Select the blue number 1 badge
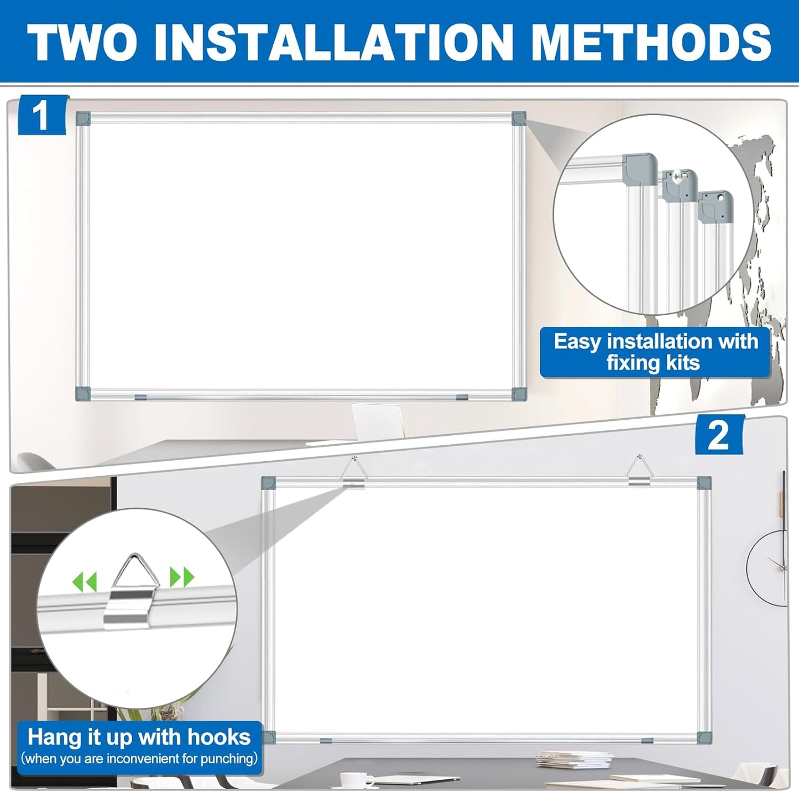(x=42, y=116)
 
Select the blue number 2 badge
(x=719, y=435)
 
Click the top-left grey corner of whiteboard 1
(x=83, y=118)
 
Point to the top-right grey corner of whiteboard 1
(x=519, y=118)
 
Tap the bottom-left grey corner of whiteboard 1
(x=83, y=393)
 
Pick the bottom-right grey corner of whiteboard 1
(x=519, y=393)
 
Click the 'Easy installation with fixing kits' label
(x=655, y=352)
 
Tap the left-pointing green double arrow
(x=85, y=581)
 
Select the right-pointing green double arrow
(x=182, y=577)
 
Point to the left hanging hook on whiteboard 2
(x=353, y=472)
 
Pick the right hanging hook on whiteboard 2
(x=639, y=472)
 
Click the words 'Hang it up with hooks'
(x=139, y=737)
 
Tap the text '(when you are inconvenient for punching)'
(x=139, y=758)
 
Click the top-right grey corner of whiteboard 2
(x=703, y=483)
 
